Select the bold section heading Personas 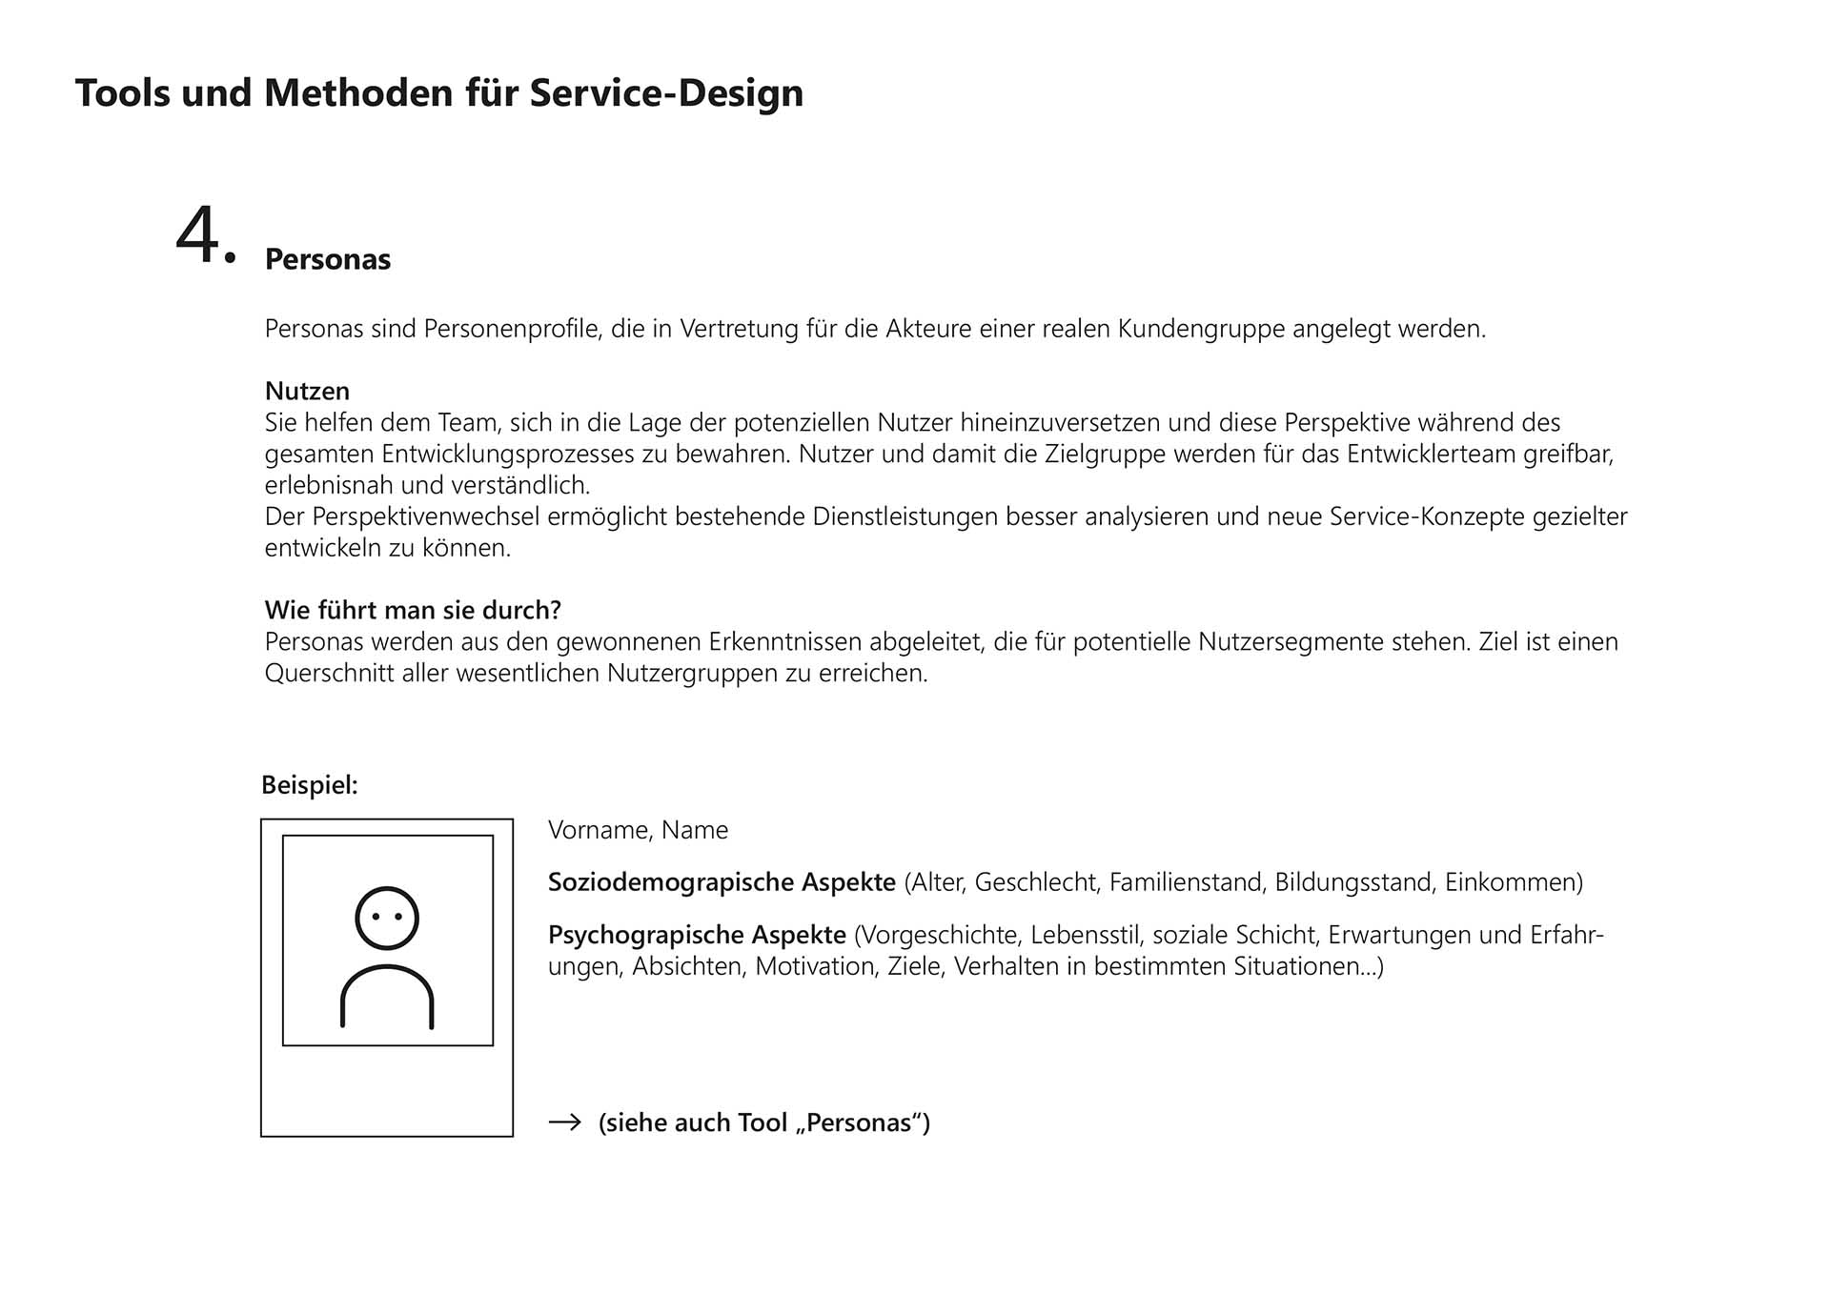[328, 259]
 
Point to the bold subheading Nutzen [307, 391]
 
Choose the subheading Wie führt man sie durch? [413, 610]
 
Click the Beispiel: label [310, 785]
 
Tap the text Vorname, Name [638, 830]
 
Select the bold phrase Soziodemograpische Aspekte [722, 882]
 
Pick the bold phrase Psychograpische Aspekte [697, 935]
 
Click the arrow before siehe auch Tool [565, 1122]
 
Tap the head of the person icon [387, 919]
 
